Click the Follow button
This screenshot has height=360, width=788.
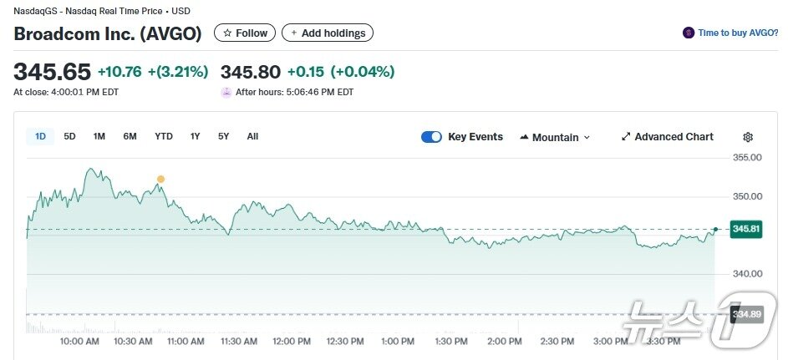(x=246, y=33)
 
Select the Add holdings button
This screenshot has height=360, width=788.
(x=328, y=33)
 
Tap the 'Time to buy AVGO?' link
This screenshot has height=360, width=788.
(x=731, y=33)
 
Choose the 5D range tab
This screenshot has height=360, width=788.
(x=70, y=136)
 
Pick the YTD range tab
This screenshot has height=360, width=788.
(x=164, y=136)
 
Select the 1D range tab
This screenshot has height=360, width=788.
(x=40, y=136)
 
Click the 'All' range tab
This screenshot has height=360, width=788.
(x=252, y=136)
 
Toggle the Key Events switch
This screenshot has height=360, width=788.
(x=431, y=137)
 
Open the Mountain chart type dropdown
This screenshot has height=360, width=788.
(x=555, y=137)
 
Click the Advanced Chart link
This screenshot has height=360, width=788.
(x=668, y=137)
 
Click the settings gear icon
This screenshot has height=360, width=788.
(x=748, y=137)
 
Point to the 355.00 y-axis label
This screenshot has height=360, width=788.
(x=747, y=158)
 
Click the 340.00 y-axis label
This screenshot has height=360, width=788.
(x=747, y=274)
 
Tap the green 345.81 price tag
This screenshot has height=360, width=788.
(x=745, y=229)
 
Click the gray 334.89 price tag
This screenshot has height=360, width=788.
(x=745, y=314)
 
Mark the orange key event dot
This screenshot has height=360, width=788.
(x=160, y=179)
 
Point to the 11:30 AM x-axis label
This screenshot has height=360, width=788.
(x=239, y=342)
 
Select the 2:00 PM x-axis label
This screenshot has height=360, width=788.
(x=504, y=342)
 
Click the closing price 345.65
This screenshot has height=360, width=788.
(x=52, y=72)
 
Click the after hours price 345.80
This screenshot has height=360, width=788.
(x=250, y=72)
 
